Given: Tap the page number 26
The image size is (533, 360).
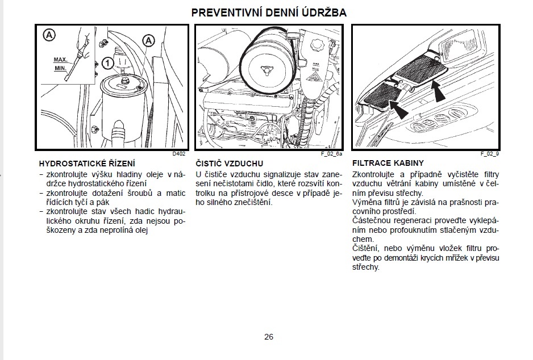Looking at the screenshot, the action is pyautogui.click(x=269, y=337).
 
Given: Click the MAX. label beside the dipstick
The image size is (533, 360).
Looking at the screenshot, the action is pyautogui.click(x=61, y=59).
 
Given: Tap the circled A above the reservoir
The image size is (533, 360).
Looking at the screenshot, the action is pyautogui.click(x=148, y=40).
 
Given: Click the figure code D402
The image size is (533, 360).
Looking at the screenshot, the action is pyautogui.click(x=180, y=153).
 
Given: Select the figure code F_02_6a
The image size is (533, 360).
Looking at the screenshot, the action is pyautogui.click(x=334, y=153).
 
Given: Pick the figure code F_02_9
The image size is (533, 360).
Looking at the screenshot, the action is pyautogui.click(x=490, y=153).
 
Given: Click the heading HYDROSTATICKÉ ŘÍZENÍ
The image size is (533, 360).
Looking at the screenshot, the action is pyautogui.click(x=83, y=164).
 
